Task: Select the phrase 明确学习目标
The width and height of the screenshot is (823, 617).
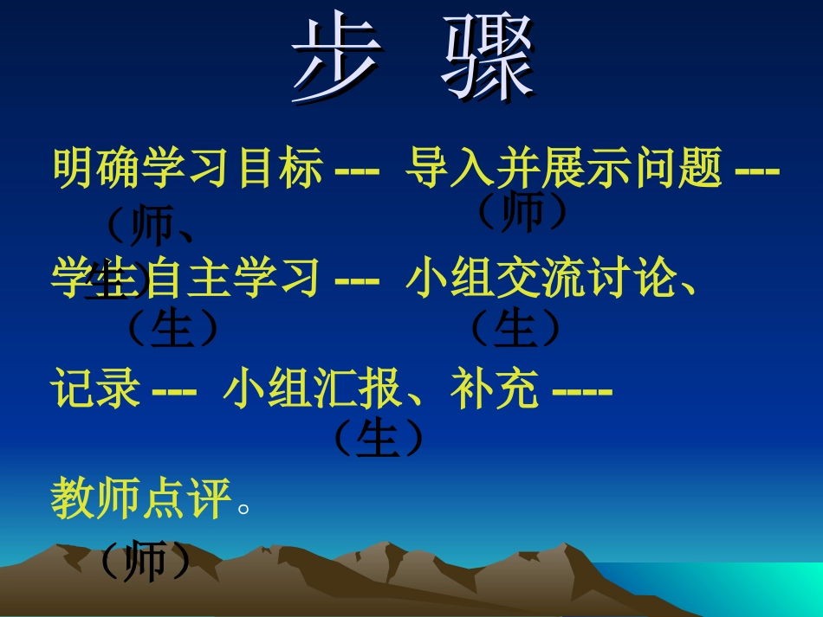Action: pyautogui.click(x=188, y=168)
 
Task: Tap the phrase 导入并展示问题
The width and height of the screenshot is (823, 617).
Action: pyautogui.click(x=564, y=168)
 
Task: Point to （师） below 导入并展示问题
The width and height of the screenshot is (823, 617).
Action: pyautogui.click(x=522, y=212)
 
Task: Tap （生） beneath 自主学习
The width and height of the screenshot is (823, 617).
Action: pyautogui.click(x=172, y=329)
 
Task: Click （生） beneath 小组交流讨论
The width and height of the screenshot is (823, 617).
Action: pyautogui.click(x=515, y=329)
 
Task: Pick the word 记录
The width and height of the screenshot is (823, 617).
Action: pyautogui.click(x=95, y=389)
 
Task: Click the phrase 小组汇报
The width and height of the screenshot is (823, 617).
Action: pyautogui.click(x=313, y=389)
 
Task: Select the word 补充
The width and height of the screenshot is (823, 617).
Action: pyautogui.click(x=495, y=389)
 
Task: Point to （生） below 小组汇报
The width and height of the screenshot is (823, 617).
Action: pyautogui.click(x=378, y=440)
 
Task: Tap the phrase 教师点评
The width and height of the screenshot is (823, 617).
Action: pyautogui.click(x=141, y=499)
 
